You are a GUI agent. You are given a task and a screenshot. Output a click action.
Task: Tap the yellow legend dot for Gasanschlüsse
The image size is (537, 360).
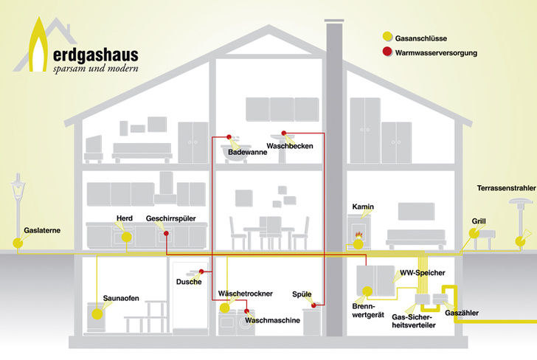(x=387, y=36)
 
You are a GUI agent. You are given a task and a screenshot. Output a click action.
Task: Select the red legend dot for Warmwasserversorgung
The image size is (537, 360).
(x=387, y=52)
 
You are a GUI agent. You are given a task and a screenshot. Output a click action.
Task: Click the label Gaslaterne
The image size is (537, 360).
(x=41, y=230)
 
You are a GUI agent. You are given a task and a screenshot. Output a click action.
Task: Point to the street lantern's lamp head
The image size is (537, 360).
(x=16, y=185)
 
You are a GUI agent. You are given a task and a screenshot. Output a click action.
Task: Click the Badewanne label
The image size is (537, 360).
(x=246, y=152)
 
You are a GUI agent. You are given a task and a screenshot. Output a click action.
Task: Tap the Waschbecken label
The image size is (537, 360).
(x=290, y=146)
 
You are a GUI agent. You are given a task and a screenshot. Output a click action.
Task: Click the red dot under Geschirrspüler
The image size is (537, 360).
(x=167, y=234)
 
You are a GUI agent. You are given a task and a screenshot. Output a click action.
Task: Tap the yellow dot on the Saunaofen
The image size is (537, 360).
(x=97, y=313)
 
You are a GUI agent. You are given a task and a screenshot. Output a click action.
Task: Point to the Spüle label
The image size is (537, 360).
(x=303, y=294)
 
